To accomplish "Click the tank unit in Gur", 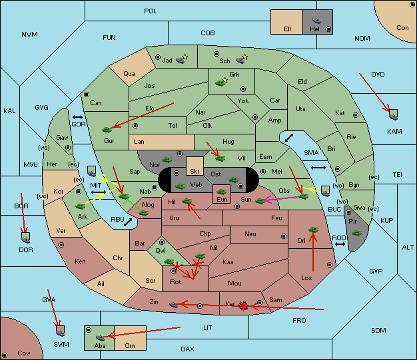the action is (x=107, y=130).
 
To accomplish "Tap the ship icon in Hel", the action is (x=316, y=21).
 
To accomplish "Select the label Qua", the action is (x=129, y=74).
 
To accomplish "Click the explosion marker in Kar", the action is (x=243, y=306).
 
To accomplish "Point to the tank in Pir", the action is (x=356, y=233).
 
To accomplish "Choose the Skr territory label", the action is (x=195, y=172).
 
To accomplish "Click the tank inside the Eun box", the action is (x=221, y=192).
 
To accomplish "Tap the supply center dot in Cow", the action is (x=5, y=355).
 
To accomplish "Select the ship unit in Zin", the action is (x=173, y=305).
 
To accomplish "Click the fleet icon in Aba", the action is (x=100, y=337).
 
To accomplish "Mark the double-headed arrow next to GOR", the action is (x=77, y=117).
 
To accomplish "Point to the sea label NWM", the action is (x=29, y=35).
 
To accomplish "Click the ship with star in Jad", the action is (x=182, y=59).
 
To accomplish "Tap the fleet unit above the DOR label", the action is (x=26, y=238).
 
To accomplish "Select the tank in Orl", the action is (x=313, y=230).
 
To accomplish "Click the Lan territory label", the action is (x=139, y=142).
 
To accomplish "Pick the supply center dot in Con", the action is (x=412, y=5).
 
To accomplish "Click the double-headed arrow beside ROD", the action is (x=340, y=244).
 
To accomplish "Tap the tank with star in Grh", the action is (x=222, y=82).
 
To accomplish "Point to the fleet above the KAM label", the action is (x=393, y=114).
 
